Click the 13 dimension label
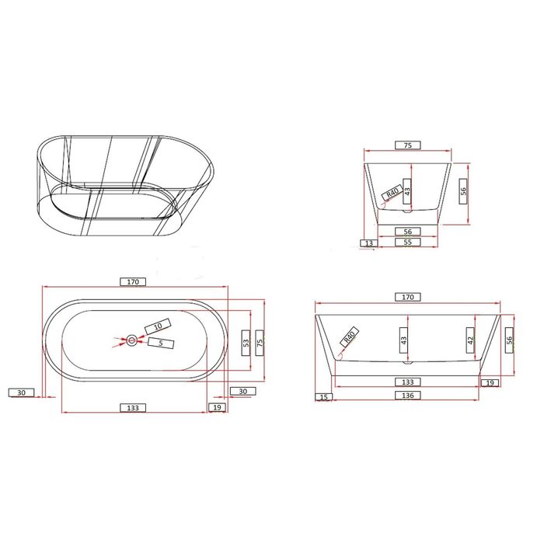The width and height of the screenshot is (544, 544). pos(369,243)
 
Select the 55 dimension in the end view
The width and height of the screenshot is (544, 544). pos(407,242)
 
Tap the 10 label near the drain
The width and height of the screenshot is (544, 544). pos(158,326)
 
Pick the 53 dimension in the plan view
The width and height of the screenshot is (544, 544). pos(246,341)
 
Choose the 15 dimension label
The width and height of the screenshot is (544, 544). pos(324,397)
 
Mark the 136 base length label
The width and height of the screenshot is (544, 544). pos(407,395)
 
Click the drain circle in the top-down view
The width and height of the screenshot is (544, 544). pos(131,339)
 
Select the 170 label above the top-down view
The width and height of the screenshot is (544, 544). pos(133,281)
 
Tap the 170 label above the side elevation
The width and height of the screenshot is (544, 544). pos(406,297)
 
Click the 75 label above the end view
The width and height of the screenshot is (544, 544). pos(407,145)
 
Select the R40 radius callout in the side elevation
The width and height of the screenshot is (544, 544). pos(350,337)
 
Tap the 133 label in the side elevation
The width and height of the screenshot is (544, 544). pos(407,382)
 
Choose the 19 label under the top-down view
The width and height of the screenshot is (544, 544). pos(217,407)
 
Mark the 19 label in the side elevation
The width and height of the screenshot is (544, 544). pos(489,382)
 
